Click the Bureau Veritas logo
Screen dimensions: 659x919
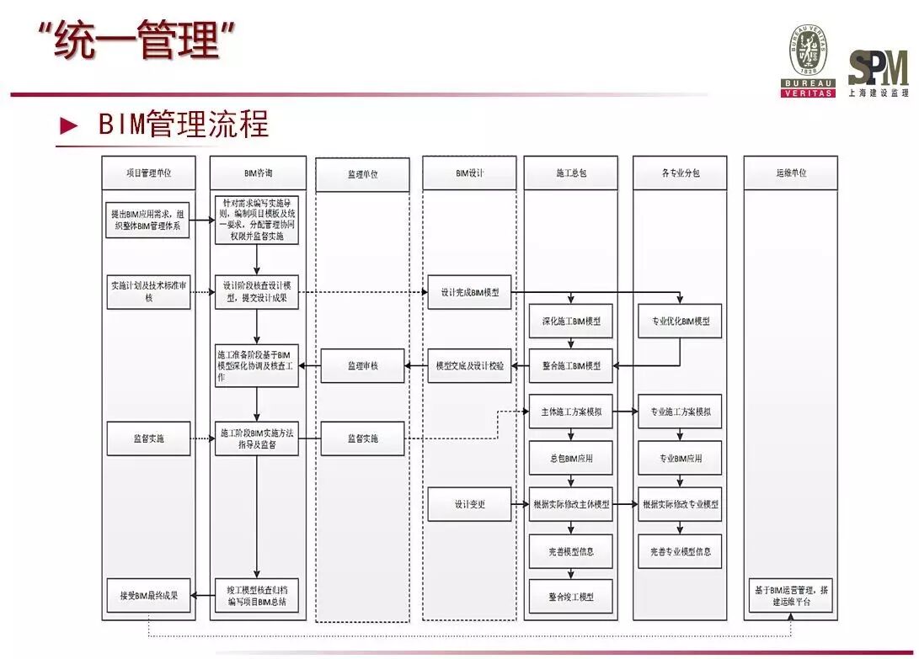pos(808,61)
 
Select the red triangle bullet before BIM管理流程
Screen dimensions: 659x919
pos(68,127)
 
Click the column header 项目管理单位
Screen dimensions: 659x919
pos(149,173)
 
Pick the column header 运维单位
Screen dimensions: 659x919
pos(790,173)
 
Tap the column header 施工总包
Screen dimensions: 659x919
pos(571,173)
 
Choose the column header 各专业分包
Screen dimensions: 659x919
pos(680,173)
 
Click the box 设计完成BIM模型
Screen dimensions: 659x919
pos(469,292)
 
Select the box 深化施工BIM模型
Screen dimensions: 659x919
pos(571,321)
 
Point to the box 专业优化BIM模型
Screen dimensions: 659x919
pos(680,321)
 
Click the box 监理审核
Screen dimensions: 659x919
pos(362,366)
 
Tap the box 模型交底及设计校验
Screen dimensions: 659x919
pos(469,366)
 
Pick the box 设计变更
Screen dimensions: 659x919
pos(469,504)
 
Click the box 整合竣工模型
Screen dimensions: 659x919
pos(571,596)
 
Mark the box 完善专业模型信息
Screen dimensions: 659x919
pos(680,551)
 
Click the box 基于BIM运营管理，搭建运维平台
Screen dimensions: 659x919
pos(790,595)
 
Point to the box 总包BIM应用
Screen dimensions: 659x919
pos(571,459)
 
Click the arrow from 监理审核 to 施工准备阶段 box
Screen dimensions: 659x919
pos(310,366)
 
